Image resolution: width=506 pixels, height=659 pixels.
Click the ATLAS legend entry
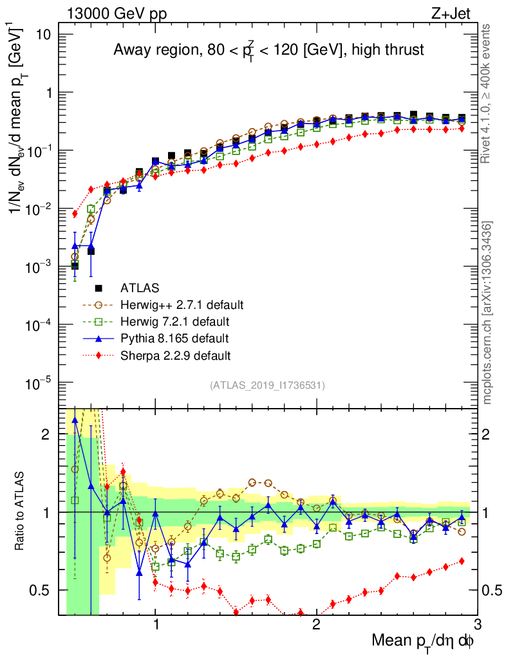140,288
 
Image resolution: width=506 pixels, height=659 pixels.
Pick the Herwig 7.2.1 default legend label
175,321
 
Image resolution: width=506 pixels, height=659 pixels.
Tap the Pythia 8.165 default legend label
174,338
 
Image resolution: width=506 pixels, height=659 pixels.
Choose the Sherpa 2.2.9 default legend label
176,355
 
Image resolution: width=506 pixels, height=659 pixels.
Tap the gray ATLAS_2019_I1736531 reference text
267,385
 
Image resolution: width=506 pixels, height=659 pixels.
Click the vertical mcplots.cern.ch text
487,312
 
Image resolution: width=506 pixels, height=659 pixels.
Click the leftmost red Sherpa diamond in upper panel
75,214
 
